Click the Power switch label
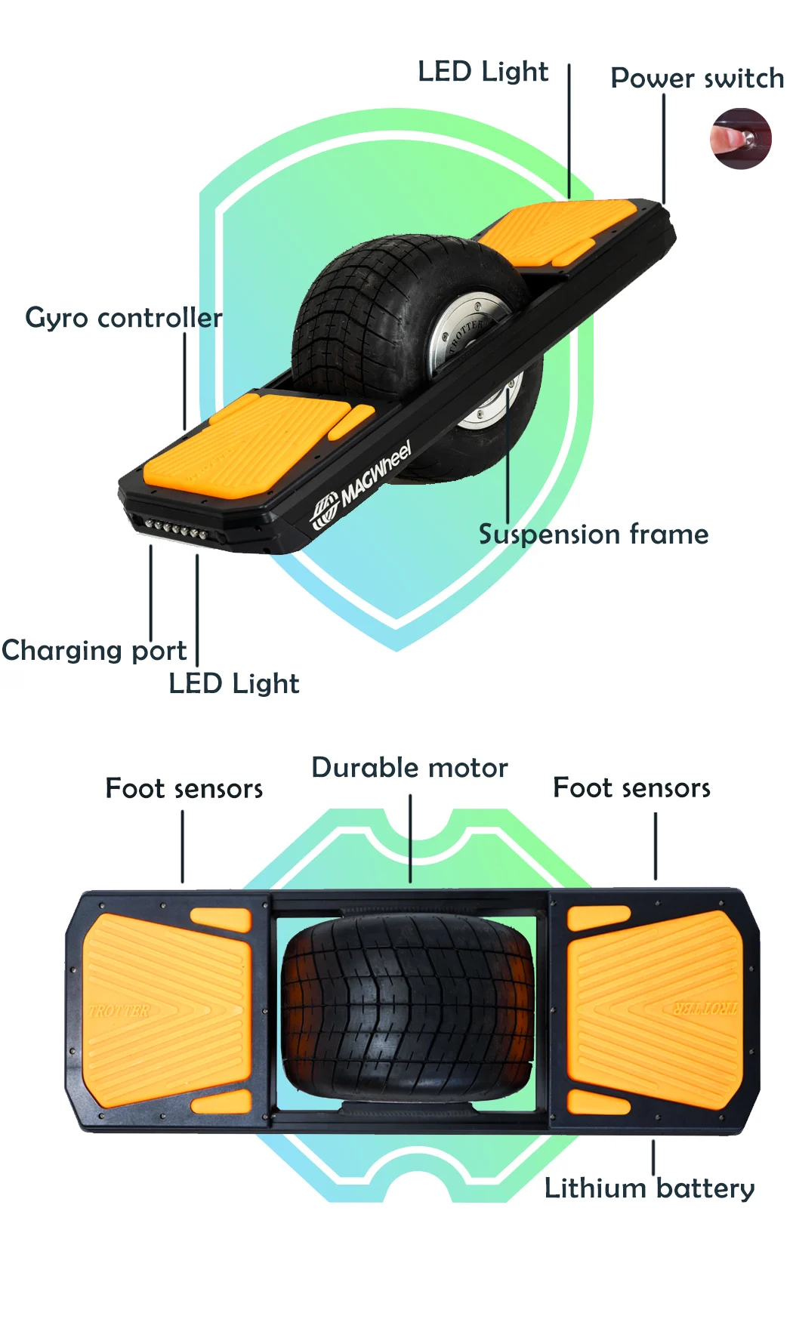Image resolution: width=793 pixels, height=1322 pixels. [x=696, y=79]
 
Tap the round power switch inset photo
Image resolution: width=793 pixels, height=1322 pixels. [x=740, y=138]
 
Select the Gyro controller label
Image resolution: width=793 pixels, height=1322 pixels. [x=124, y=318]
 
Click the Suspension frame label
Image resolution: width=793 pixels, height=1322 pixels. [x=594, y=535]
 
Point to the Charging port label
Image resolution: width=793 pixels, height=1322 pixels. [x=94, y=651]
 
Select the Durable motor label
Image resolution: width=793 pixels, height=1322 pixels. [x=409, y=768]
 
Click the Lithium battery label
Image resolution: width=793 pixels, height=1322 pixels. [x=650, y=1188]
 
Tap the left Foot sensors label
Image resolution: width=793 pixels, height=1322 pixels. [x=184, y=789]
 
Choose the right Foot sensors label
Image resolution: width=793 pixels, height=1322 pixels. [x=631, y=788]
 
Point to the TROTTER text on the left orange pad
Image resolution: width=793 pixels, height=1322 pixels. [x=119, y=1010]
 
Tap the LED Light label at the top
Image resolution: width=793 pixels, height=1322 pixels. [x=483, y=72]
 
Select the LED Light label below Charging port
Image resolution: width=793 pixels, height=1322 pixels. [x=233, y=684]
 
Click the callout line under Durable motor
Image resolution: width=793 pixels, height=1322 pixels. [x=410, y=838]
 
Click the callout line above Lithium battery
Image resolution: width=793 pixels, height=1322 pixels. [x=653, y=1157]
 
